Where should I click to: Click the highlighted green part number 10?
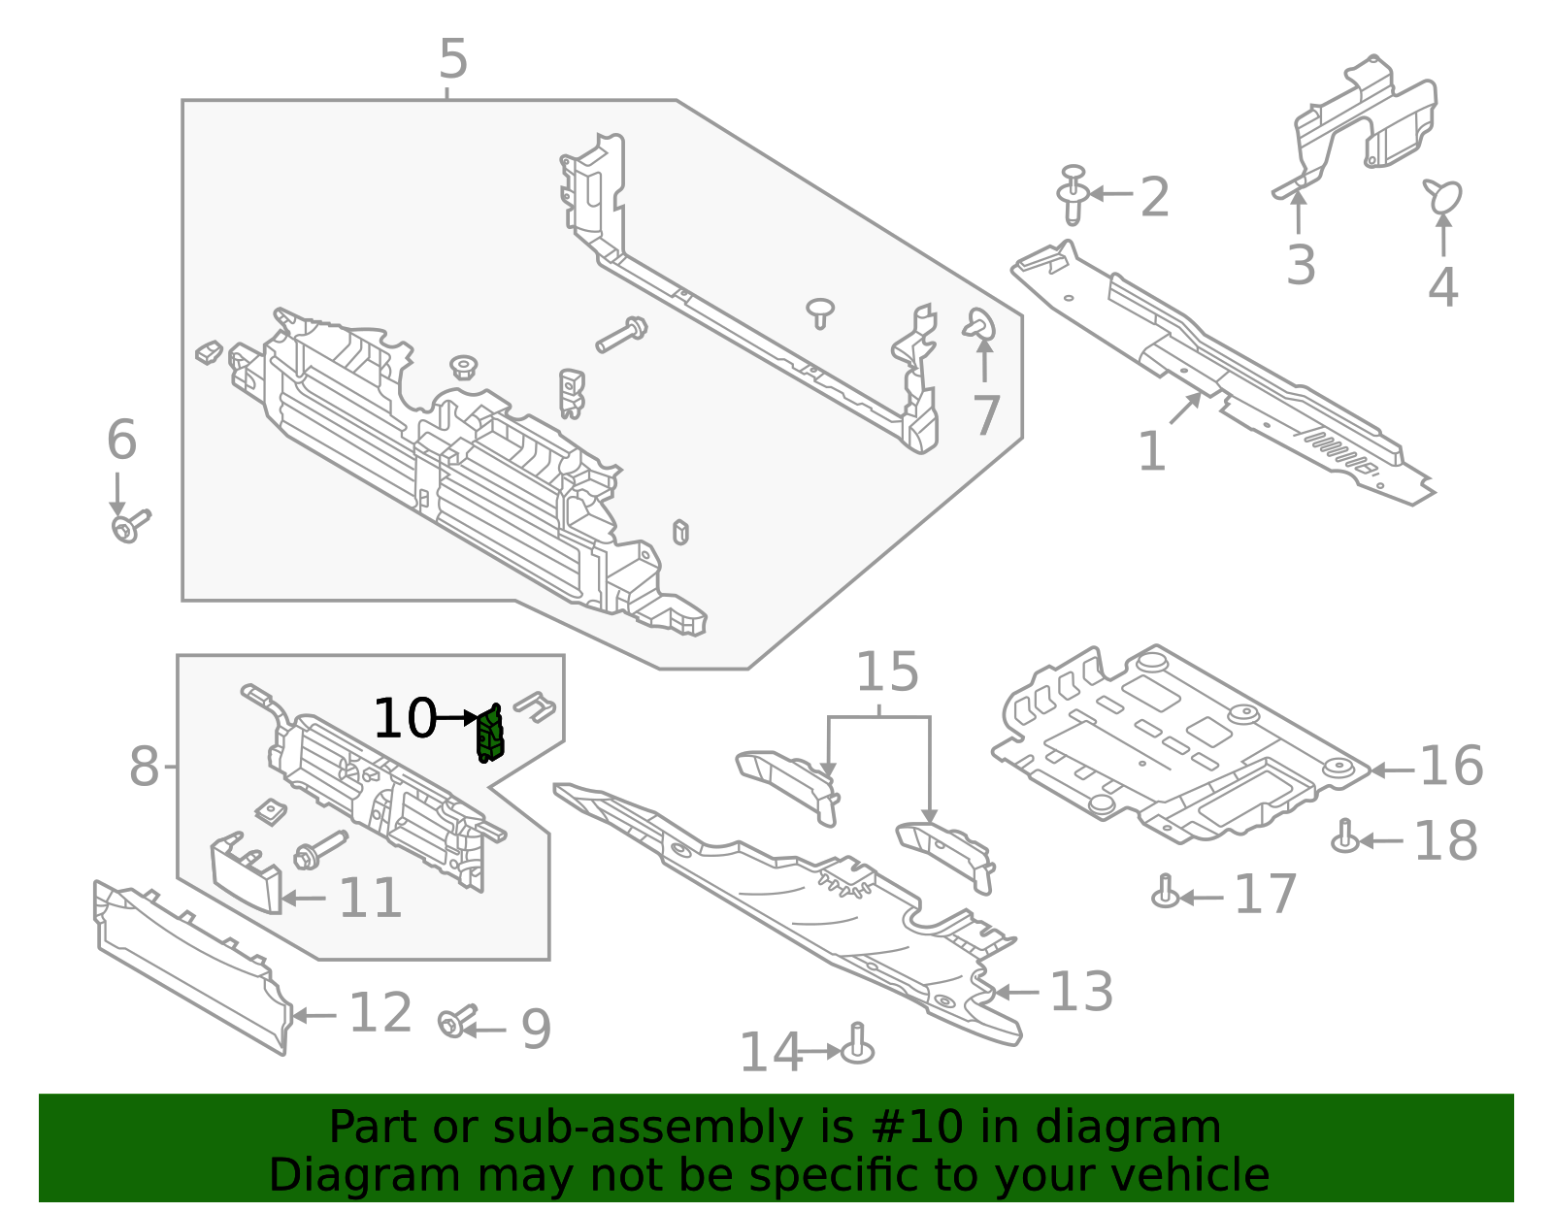(x=490, y=736)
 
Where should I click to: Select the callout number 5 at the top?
(x=453, y=60)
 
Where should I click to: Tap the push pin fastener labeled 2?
(x=1072, y=194)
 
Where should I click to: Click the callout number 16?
(x=1451, y=767)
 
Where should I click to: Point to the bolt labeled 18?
(x=1344, y=836)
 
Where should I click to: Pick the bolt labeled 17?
(x=1165, y=892)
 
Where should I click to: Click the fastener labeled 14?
(x=857, y=1046)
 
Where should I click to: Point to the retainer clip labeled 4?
(x=1443, y=195)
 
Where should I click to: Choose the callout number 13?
(x=1081, y=993)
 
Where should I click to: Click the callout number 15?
(x=887, y=672)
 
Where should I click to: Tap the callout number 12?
(x=380, y=1014)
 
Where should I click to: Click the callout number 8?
(x=144, y=768)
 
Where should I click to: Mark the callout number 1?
(x=1151, y=452)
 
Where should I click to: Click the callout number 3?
(x=1301, y=265)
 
